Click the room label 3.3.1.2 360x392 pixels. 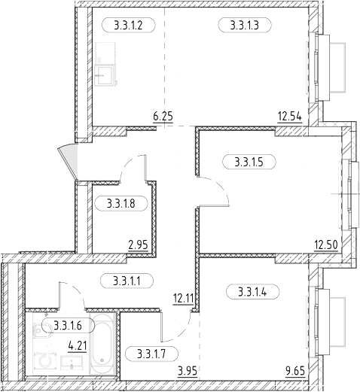point(129,25)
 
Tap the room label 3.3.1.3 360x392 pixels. point(245,25)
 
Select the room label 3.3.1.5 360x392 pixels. point(249,162)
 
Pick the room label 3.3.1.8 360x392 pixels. point(121,203)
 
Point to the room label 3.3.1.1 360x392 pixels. point(127,281)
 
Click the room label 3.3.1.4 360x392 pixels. point(253,292)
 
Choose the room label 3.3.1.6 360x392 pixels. point(69,326)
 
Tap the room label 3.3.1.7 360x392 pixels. point(151,354)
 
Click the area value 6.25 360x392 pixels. point(163,117)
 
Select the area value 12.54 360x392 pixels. point(289,117)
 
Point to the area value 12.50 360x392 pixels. point(326,245)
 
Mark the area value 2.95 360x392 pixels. point(139,245)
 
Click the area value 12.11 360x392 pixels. point(183,299)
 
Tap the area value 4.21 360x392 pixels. point(78,346)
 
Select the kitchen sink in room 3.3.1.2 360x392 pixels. point(105,74)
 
